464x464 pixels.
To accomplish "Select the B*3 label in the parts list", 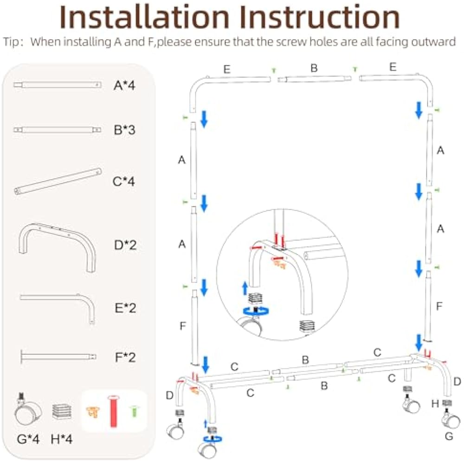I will point(124,130).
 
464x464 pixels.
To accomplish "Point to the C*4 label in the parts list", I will point(124,181).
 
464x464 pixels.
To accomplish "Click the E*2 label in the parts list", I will point(125,308).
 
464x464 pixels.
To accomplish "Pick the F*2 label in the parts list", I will point(124,357).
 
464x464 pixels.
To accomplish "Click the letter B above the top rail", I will point(314,68).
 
